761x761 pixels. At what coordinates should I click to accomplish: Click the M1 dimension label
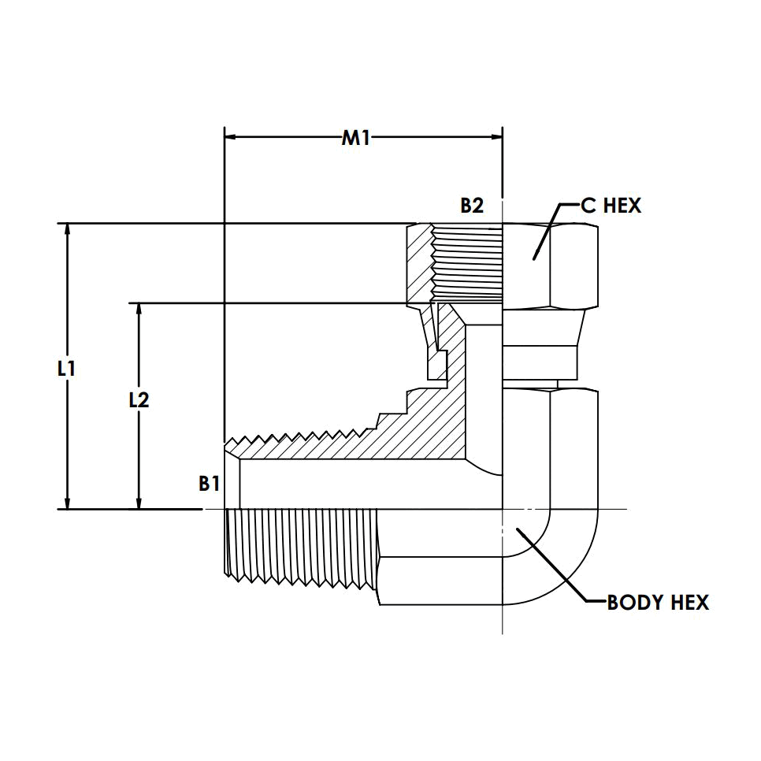coord(355,139)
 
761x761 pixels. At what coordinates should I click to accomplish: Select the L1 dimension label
coord(66,367)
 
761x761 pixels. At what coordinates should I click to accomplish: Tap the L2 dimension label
coord(139,400)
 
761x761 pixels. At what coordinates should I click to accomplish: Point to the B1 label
coord(209,484)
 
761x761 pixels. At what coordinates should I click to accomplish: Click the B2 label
coord(471,206)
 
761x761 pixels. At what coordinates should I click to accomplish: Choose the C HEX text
coord(611,206)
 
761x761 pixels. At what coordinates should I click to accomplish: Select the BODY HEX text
coord(658,603)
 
